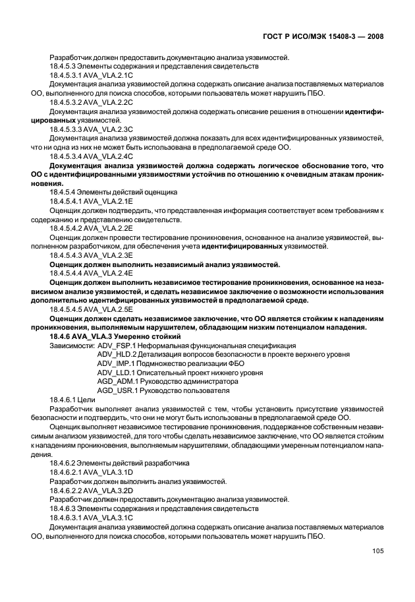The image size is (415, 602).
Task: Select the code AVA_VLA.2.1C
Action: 106,75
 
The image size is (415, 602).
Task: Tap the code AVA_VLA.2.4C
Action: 107,156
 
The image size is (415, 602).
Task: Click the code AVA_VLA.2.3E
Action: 106,255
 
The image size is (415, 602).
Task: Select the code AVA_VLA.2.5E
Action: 106,309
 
